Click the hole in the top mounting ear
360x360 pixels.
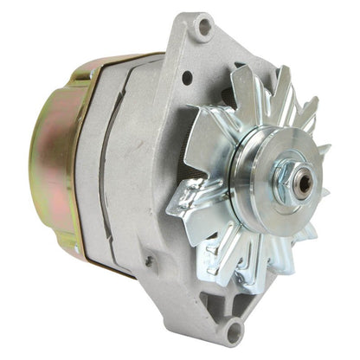(x=203, y=26)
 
